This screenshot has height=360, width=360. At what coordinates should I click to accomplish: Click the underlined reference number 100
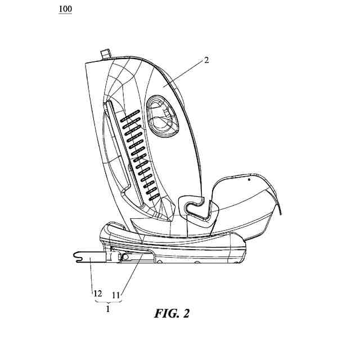click(65, 10)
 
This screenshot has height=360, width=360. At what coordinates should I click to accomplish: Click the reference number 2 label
click(206, 60)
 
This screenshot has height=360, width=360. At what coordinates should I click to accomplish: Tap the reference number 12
click(97, 293)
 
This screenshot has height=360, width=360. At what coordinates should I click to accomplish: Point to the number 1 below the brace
click(107, 309)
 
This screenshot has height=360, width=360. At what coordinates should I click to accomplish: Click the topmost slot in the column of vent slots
click(131, 113)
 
